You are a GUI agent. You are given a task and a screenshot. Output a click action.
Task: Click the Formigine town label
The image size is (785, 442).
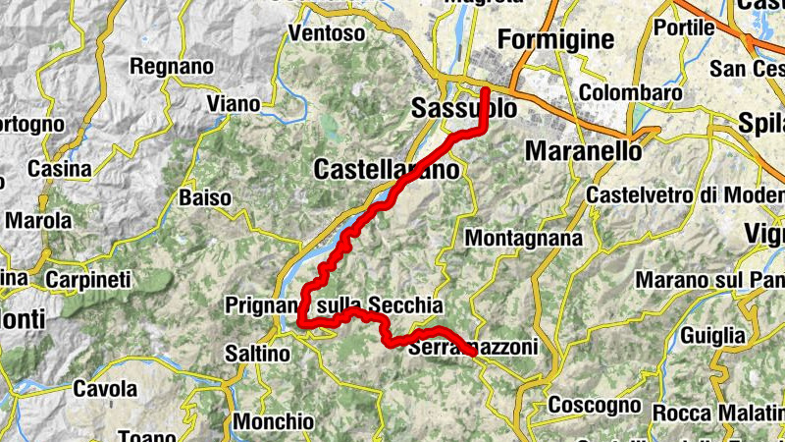[x=555, y=39]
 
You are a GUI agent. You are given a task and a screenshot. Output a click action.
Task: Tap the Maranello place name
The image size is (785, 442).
[x=584, y=151]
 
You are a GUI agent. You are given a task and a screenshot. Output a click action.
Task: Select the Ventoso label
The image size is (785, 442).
[x=327, y=33]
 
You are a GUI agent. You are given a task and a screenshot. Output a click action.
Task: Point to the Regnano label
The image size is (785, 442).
[x=172, y=67]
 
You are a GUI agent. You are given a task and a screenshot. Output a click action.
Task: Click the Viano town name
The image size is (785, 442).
[x=233, y=103]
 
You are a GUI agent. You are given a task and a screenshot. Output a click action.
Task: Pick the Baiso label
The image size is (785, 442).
[x=204, y=198]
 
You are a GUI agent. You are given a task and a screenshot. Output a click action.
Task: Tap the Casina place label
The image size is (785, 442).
[x=59, y=169]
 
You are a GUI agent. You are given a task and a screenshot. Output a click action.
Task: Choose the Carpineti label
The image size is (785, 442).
[x=88, y=280]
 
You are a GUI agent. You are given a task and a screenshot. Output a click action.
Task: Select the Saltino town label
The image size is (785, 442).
[x=257, y=353]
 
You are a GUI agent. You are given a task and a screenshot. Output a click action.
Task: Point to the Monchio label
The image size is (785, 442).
[x=274, y=421]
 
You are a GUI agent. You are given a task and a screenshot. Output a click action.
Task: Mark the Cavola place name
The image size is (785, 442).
[x=104, y=388]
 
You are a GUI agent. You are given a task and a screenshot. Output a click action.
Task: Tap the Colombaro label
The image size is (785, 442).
[x=630, y=92]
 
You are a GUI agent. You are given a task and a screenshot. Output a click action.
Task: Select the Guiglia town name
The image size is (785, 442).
[x=713, y=334]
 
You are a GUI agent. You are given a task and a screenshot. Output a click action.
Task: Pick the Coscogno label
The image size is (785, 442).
[x=594, y=405]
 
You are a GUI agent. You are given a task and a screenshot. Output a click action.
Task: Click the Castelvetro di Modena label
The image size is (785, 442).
[x=684, y=194]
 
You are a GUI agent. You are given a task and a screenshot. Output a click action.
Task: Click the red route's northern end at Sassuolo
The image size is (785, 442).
[x=486, y=90]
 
